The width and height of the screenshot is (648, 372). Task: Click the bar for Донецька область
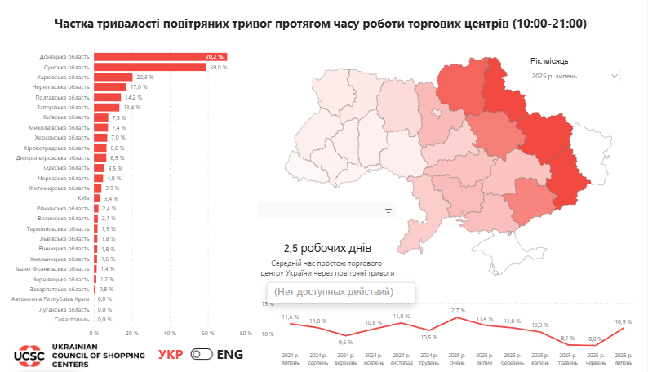click(159, 56)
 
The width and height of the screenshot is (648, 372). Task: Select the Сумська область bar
click(149, 67)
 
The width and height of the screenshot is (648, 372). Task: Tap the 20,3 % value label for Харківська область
click(145, 77)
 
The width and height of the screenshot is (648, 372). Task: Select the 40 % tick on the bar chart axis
click(170, 333)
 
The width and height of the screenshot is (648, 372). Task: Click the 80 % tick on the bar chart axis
click(246, 333)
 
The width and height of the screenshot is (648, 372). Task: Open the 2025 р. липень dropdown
click(575, 76)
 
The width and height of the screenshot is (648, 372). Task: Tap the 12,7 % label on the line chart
click(456, 311)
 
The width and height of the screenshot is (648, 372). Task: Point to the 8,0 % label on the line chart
click(595, 339)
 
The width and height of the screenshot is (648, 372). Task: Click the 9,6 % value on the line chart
click(345, 343)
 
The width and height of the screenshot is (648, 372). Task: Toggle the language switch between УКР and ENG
click(201, 355)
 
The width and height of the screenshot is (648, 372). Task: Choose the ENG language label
click(230, 355)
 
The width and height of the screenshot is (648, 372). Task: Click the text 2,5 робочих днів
click(327, 248)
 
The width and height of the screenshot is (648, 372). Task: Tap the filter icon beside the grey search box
click(388, 210)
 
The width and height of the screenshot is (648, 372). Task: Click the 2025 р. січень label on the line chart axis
click(456, 359)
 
